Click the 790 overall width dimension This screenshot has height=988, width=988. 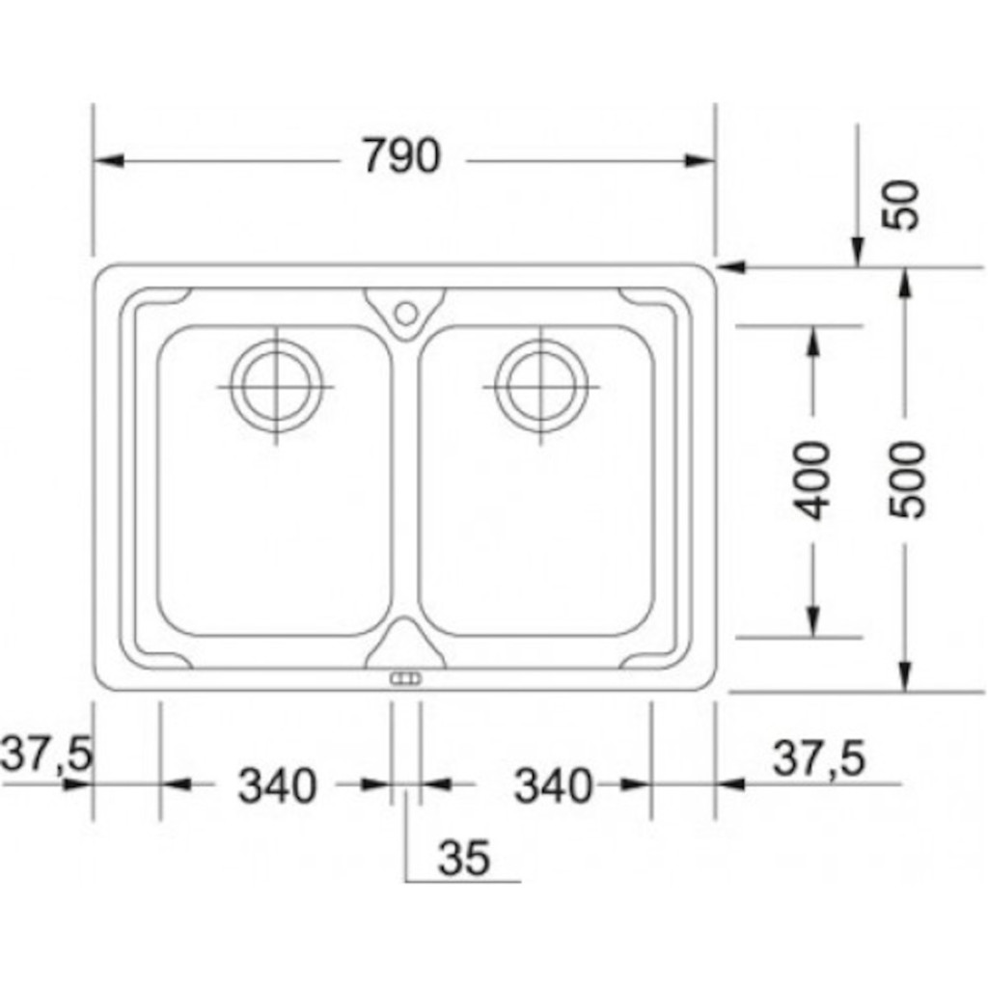401,155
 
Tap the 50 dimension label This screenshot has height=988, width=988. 901,206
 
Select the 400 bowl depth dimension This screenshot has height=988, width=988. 812,480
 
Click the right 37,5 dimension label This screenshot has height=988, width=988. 819,758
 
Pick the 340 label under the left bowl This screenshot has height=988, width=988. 277,785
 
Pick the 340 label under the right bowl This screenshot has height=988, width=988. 554,785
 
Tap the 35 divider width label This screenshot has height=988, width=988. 464,858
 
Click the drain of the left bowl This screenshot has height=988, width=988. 276,386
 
